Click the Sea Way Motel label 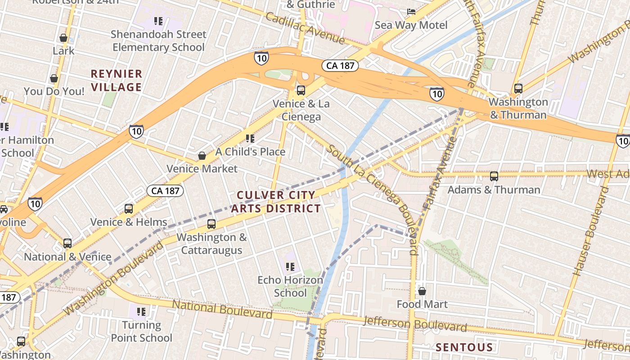[x=411, y=25]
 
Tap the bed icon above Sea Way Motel [x=411, y=11]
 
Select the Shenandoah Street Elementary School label [x=158, y=40]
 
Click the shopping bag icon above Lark [x=63, y=38]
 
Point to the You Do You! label [x=54, y=91]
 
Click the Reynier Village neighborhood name [x=117, y=80]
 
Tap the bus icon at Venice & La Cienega [x=301, y=90]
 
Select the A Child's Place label [x=250, y=152]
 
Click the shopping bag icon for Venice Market [x=202, y=156]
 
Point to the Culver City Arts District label [x=276, y=202]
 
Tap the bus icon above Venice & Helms [x=129, y=209]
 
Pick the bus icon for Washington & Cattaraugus [x=211, y=224]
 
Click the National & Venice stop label [x=67, y=257]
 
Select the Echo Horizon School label [x=290, y=286]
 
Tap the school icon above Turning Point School [x=141, y=311]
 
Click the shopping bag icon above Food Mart [x=422, y=291]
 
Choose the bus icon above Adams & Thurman [x=494, y=176]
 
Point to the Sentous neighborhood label [x=464, y=347]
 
